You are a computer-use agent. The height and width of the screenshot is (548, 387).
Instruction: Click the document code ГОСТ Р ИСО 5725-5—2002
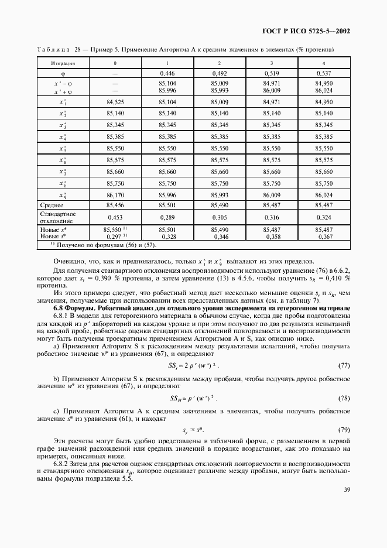315,31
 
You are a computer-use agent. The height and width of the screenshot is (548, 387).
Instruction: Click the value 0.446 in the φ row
167,74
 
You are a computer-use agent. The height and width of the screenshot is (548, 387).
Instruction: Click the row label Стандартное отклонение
57,217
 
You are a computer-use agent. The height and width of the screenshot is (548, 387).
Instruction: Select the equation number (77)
344,366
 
